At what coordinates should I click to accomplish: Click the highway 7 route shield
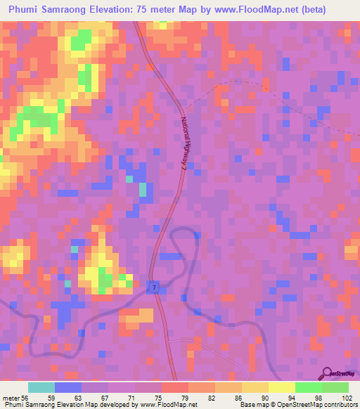[x=152, y=288]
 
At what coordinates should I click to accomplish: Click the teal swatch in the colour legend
[x=41, y=387]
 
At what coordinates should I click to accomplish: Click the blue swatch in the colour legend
[x=67, y=387]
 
